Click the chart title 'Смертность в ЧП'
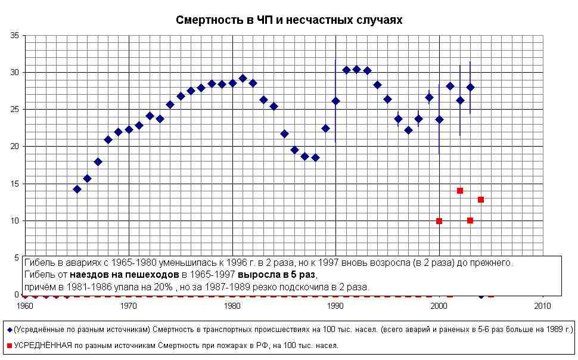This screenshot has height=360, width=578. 289,20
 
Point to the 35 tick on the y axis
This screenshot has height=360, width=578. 15,36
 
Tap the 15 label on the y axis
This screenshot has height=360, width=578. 15,184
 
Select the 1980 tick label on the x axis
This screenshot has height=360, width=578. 232,306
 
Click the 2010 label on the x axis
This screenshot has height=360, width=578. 542,306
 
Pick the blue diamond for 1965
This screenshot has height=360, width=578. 77,189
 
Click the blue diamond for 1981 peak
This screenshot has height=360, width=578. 243,78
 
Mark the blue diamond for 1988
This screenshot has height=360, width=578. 315,157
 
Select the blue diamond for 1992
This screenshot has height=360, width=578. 356,69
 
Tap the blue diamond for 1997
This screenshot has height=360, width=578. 408,130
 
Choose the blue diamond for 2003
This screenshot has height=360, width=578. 470,87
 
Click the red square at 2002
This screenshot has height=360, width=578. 460,191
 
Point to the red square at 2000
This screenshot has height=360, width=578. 439,221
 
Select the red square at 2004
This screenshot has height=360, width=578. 481,200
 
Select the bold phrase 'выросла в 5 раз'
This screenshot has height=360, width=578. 276,275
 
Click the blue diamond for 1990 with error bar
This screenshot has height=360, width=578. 335,101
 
